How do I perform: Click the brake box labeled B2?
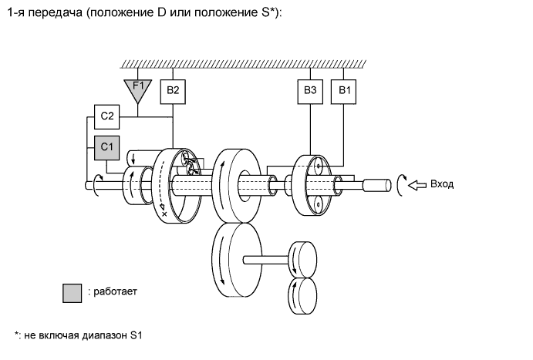[174, 91]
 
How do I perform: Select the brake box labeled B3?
[310, 91]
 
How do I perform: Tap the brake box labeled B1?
[343, 91]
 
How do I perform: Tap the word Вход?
[442, 184]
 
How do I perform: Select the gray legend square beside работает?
[73, 292]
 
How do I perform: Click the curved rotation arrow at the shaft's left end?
[96, 185]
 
